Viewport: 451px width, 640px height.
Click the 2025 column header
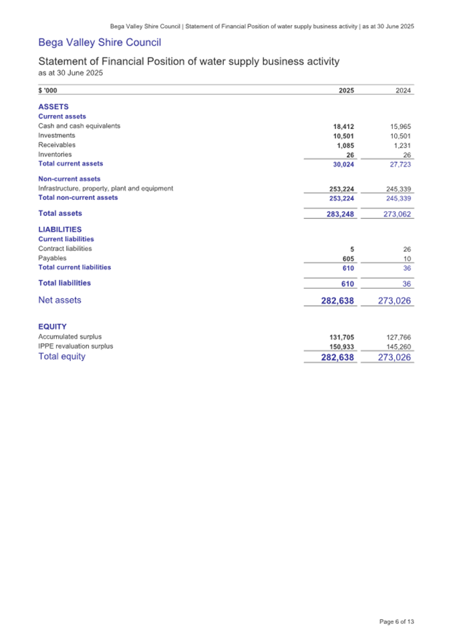point(346,92)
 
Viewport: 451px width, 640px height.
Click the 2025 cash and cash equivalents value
point(343,126)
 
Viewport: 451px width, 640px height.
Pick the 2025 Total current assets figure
point(343,164)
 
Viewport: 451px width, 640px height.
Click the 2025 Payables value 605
point(347,258)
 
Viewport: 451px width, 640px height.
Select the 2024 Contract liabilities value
point(407,249)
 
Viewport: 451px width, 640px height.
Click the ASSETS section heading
point(53,106)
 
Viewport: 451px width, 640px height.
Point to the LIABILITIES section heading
point(60,229)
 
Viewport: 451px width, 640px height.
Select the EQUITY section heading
point(52,326)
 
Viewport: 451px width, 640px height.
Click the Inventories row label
point(55,154)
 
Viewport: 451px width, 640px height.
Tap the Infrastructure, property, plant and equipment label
point(106,189)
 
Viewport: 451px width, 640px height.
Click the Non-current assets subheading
point(69,179)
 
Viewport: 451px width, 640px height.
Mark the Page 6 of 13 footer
point(397,621)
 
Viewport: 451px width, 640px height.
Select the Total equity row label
point(62,356)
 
